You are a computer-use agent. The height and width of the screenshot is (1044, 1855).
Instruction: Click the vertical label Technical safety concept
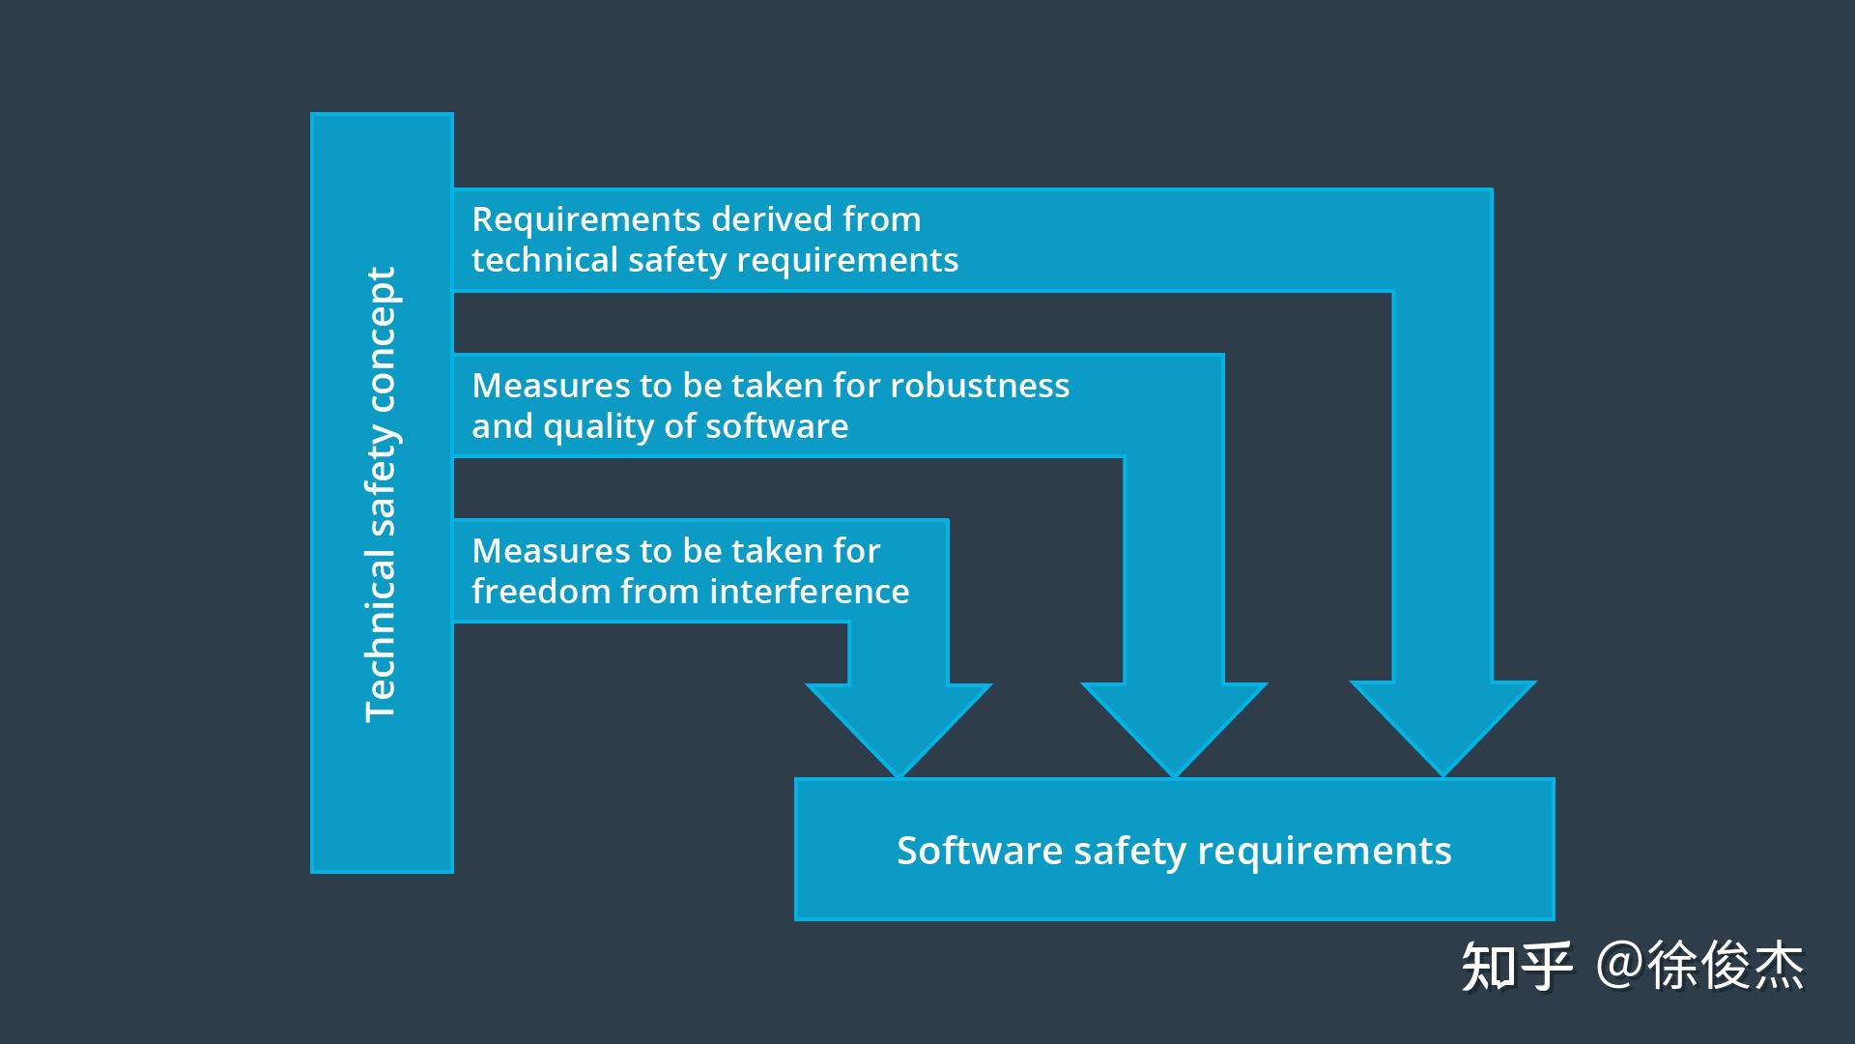click(x=381, y=494)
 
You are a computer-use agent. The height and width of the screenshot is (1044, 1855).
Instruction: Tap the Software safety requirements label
click(x=1174, y=851)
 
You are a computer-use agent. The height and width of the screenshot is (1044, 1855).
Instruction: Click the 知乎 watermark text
click(x=1516, y=966)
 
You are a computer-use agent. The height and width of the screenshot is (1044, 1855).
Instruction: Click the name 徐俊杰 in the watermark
click(x=1726, y=966)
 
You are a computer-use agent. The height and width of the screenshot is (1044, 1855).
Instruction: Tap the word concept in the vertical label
click(x=381, y=329)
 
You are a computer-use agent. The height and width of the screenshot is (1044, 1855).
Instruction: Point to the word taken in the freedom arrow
click(x=769, y=551)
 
